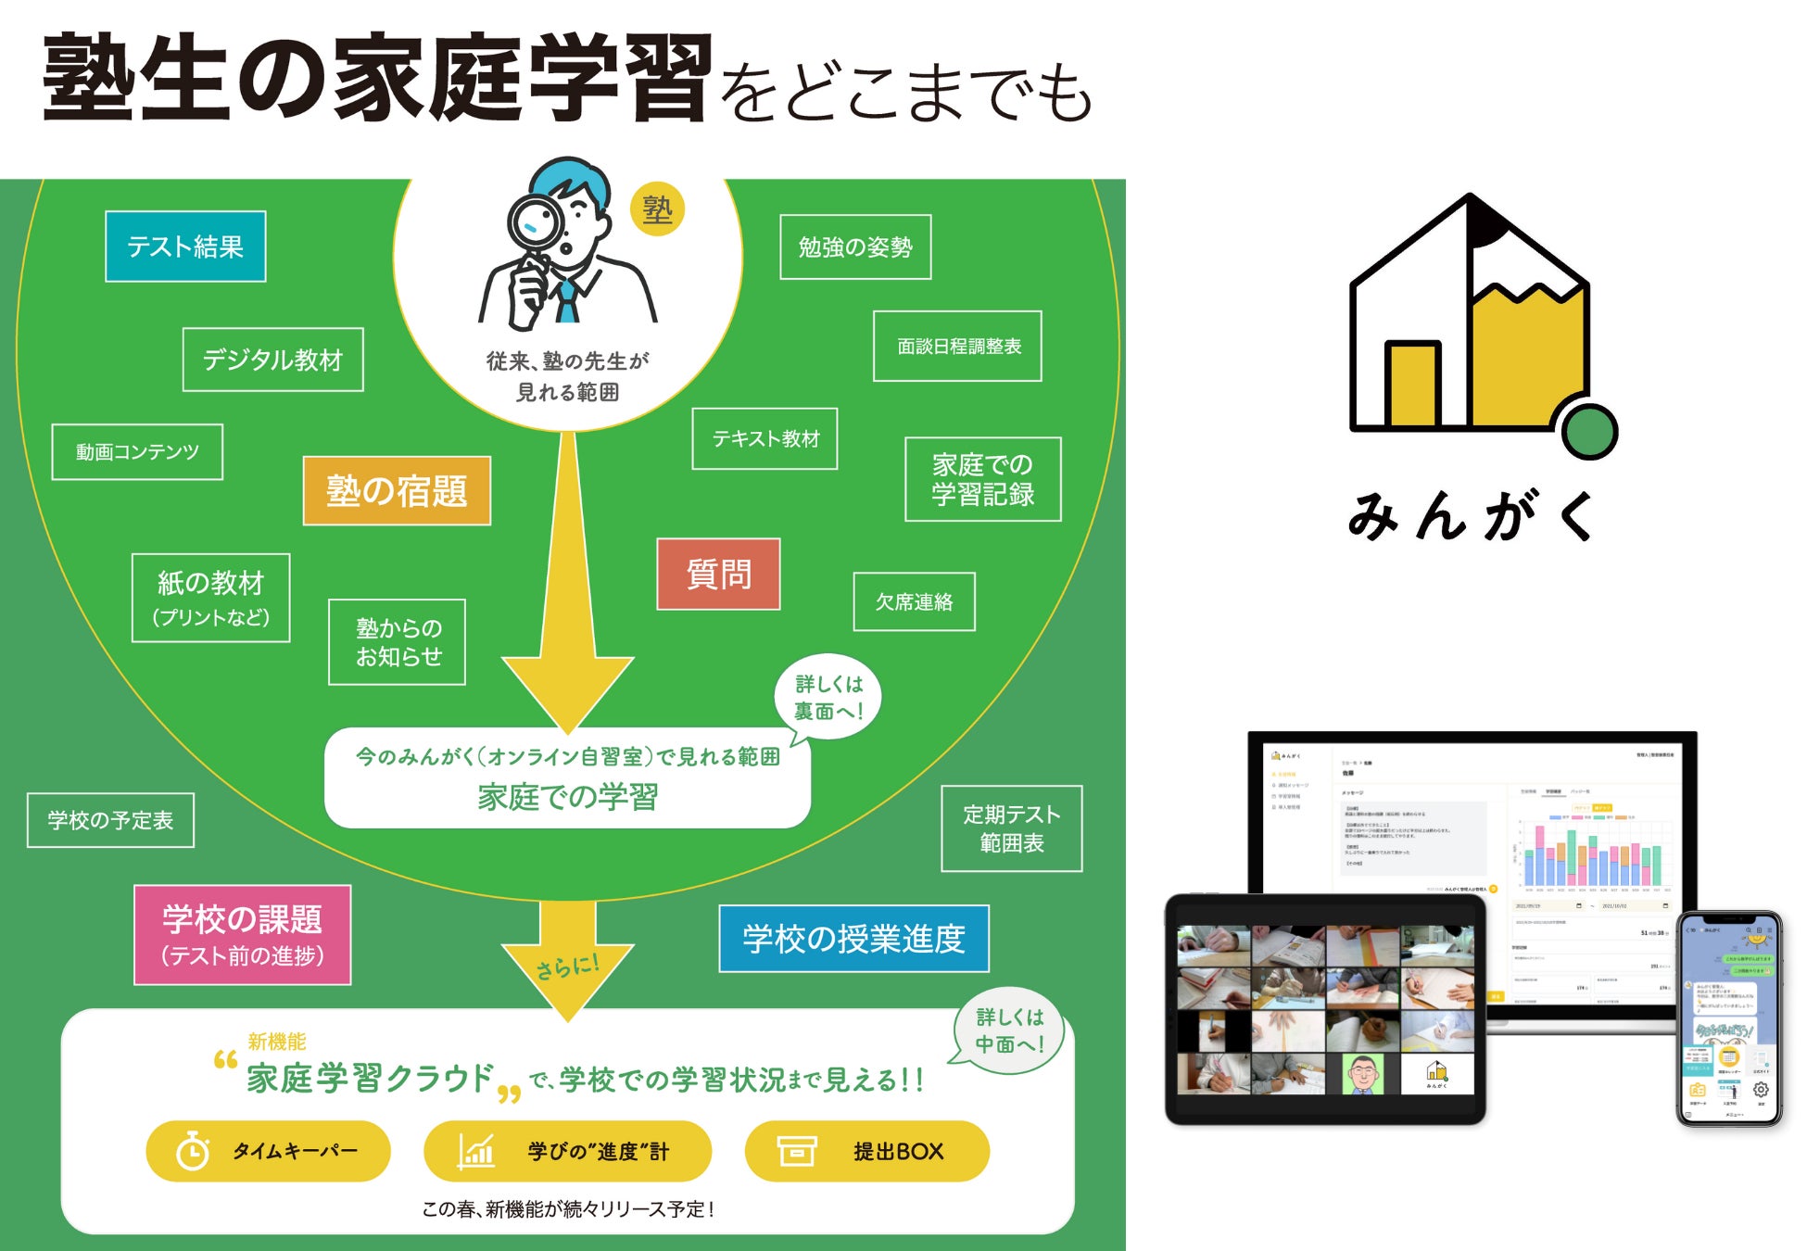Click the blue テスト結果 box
click(x=185, y=246)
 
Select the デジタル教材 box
click(x=272, y=360)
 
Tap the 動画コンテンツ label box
click(x=137, y=452)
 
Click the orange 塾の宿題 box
click(x=397, y=491)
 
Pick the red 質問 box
click(x=718, y=575)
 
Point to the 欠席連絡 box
click(x=914, y=602)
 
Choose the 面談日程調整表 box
click(x=957, y=347)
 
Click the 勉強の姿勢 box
click(x=855, y=247)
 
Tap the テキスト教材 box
click(x=764, y=439)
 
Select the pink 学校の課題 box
click(x=243, y=935)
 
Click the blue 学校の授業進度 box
click(x=853, y=939)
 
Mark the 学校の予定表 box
click(x=110, y=820)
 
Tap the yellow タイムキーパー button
click(x=268, y=1151)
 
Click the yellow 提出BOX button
click(x=866, y=1151)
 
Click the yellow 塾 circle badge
click(x=657, y=210)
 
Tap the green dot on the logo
click(x=1589, y=431)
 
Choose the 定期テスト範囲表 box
click(x=1011, y=828)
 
